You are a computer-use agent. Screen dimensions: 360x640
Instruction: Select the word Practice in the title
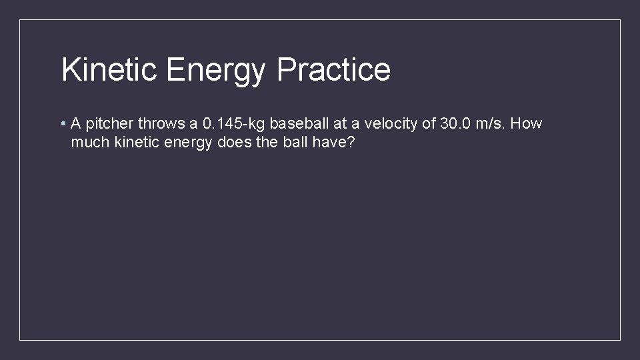click(x=333, y=69)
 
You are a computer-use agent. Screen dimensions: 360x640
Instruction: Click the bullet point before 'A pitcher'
click(x=61, y=124)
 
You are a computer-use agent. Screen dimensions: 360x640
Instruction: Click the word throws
click(x=159, y=124)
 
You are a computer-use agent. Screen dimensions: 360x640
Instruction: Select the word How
click(x=528, y=124)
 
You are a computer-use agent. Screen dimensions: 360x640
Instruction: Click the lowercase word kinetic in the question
click(x=134, y=143)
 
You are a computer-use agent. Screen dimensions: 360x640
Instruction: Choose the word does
click(x=233, y=143)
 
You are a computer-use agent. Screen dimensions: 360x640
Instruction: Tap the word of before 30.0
click(x=429, y=124)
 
